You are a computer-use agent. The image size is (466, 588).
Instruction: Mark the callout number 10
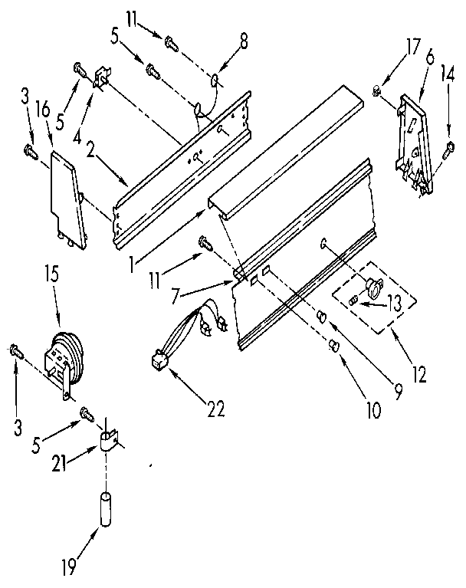point(372,410)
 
